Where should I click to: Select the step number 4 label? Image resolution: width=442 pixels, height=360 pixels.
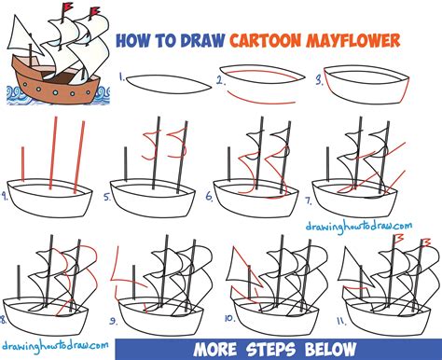pyautogui.click(x=6, y=196)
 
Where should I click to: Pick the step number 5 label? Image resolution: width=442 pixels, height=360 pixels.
pyautogui.click(x=108, y=197)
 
